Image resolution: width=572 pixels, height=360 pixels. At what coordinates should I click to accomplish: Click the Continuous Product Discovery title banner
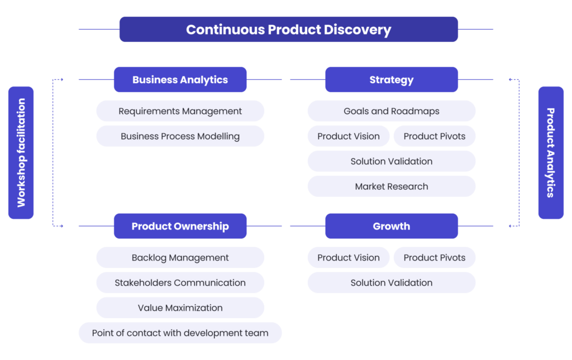coord(288,30)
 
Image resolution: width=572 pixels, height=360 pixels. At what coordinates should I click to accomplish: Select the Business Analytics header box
coord(180,80)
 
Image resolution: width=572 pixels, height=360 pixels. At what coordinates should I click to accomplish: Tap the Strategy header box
coord(391,80)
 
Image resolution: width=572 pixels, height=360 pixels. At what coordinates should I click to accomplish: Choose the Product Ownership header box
coord(180,226)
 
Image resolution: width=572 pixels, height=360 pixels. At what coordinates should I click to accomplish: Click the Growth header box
coord(391,226)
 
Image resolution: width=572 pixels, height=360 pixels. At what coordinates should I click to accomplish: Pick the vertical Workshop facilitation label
coord(21,152)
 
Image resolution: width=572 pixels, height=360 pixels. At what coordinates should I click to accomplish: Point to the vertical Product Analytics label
coord(550,152)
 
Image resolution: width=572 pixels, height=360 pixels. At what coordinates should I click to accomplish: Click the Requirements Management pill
coord(180,111)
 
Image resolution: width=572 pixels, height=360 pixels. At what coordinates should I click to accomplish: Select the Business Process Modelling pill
coord(180,136)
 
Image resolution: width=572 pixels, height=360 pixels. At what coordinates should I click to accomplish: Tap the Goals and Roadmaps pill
coord(391,111)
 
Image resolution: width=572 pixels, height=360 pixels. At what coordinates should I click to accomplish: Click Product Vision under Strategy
coord(349,136)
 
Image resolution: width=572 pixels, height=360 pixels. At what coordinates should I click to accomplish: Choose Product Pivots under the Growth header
coord(435,258)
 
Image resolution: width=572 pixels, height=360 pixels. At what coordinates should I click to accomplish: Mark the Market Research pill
coord(391,186)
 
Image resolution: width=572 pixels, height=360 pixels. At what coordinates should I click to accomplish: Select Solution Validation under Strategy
coord(391,161)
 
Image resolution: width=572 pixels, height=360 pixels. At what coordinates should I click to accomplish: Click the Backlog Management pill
coord(180,258)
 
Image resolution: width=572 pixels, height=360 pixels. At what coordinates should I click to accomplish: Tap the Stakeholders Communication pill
coord(180,283)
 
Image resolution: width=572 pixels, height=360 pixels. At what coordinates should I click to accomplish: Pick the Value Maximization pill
coord(180,308)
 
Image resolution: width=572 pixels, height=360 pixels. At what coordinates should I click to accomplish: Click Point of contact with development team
coord(180,333)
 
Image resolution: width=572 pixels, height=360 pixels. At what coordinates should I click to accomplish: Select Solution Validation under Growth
coord(391,283)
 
